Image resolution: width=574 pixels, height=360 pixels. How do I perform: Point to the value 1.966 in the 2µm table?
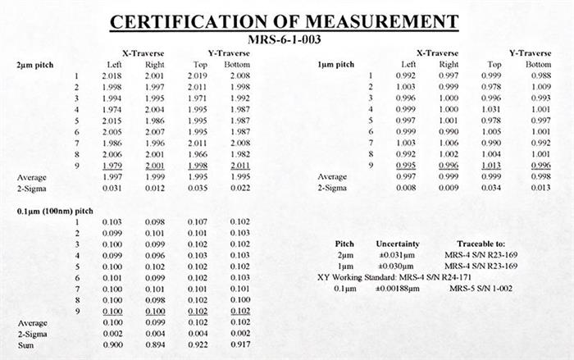[x=198, y=153]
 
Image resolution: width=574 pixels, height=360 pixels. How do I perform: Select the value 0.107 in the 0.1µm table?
[x=198, y=221]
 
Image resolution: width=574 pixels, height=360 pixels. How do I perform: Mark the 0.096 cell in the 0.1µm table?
[x=154, y=254]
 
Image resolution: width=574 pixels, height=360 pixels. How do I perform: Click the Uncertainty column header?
[x=399, y=244]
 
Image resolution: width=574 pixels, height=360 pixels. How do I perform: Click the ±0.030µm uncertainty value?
[x=399, y=267]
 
